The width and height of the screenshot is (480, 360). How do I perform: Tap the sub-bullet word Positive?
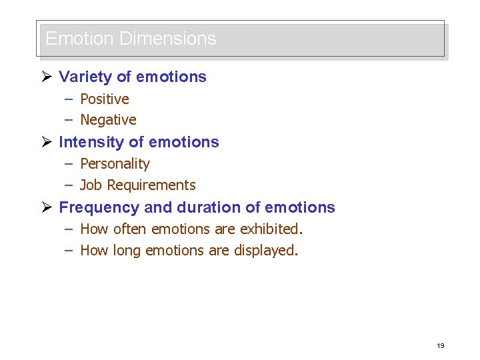105,99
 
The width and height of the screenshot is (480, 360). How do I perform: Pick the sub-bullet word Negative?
108,120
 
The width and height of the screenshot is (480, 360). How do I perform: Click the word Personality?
115,164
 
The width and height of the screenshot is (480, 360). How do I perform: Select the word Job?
91,185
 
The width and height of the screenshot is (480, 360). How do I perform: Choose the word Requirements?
151,185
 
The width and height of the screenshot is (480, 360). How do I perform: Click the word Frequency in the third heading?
99,207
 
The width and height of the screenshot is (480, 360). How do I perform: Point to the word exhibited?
271,229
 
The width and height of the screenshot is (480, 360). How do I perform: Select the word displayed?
266,251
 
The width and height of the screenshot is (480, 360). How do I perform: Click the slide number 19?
440,345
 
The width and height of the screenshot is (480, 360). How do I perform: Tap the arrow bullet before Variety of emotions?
47,77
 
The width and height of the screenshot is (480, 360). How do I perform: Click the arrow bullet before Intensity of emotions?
47,142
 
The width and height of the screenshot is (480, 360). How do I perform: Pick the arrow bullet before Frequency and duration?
47,207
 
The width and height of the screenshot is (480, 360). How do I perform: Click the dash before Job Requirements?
69,185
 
